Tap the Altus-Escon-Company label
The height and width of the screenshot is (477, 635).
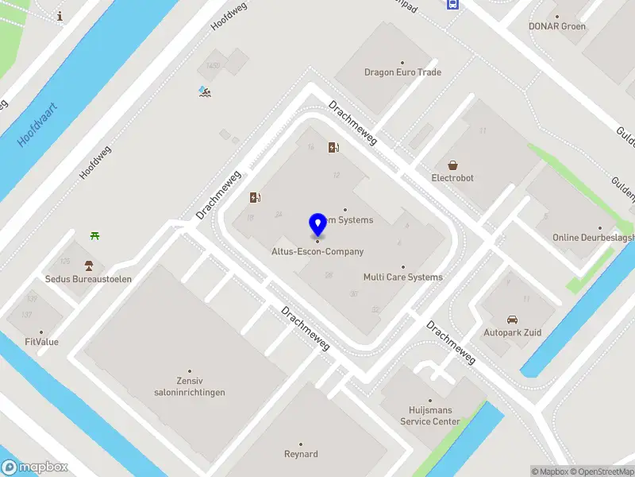pos(317,252)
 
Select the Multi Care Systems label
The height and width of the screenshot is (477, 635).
pos(402,277)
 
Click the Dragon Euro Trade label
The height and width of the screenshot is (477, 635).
pos(402,72)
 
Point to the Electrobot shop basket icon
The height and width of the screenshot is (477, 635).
pos(452,165)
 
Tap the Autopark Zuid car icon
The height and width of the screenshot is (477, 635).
pos(512,320)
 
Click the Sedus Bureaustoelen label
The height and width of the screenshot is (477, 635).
pos(88,279)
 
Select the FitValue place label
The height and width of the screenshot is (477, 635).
pos(41,342)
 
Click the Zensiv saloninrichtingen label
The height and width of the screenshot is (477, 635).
pos(190,386)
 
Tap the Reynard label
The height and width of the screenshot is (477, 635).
pos(301,454)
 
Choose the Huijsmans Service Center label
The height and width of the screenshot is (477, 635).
pos(429,416)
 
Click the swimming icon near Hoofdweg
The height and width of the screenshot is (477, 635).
pos(205,91)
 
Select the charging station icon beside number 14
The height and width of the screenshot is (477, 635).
pos(335,147)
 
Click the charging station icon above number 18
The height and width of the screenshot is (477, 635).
pos(255,197)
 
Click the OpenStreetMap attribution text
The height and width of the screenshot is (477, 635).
pos(602,471)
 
